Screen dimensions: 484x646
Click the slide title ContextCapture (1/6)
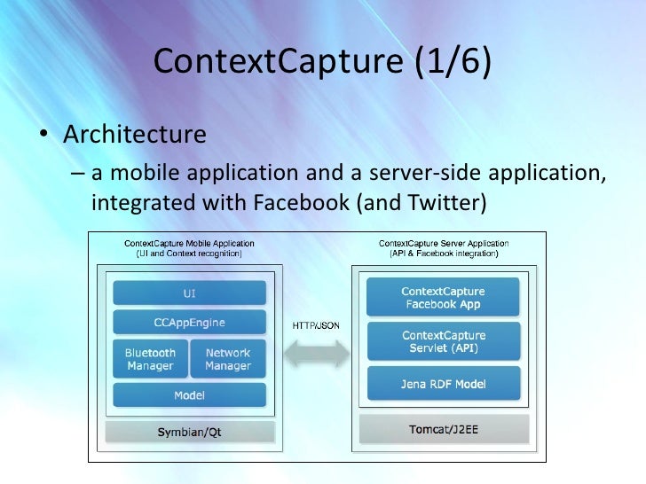[x=322, y=63]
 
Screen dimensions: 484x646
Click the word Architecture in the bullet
[x=134, y=135]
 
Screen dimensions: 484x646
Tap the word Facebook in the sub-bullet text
[x=301, y=202]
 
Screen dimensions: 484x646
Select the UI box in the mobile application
[x=189, y=293]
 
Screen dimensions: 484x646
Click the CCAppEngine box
[x=189, y=322]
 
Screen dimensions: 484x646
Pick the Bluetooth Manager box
[x=150, y=359]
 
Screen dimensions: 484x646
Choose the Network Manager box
[x=228, y=359]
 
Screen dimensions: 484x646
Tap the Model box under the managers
[x=189, y=395]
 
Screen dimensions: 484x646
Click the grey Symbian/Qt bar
[x=189, y=432]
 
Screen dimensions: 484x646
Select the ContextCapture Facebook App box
[x=443, y=297]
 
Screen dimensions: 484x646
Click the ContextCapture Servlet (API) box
[x=443, y=341]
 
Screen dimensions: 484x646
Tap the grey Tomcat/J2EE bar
[x=444, y=430]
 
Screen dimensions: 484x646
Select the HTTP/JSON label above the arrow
[x=316, y=324]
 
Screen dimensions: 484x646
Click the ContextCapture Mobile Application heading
[x=188, y=243]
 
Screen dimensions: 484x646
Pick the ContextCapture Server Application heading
[x=444, y=243]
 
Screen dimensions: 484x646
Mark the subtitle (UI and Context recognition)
[x=188, y=254]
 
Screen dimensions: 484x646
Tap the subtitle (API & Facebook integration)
[x=444, y=254]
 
